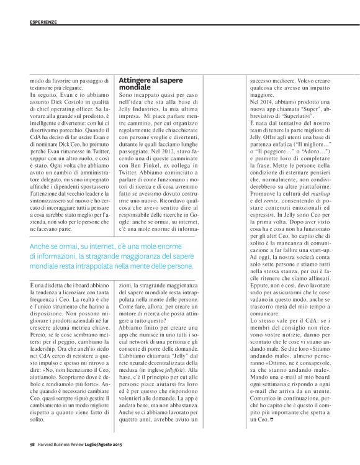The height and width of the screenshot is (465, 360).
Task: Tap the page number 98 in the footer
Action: coord(32,444)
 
